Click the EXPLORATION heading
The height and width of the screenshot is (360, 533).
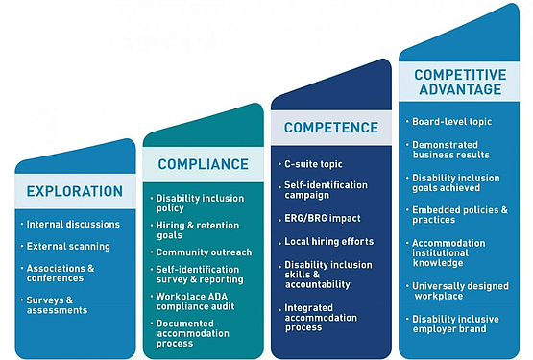(x=75, y=190)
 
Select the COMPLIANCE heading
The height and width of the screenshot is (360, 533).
(x=203, y=164)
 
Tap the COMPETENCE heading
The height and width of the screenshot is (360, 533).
(x=331, y=127)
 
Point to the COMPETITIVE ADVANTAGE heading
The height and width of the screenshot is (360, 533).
(x=458, y=82)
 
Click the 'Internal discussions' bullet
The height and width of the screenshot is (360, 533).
(x=73, y=225)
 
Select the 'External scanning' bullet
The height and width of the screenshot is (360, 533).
(x=68, y=247)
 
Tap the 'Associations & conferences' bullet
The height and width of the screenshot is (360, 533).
(x=65, y=274)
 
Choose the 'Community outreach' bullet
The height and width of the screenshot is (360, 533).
(x=204, y=252)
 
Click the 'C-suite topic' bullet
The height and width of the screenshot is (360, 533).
(x=314, y=164)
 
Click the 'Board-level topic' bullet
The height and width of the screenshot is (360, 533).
(x=449, y=122)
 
